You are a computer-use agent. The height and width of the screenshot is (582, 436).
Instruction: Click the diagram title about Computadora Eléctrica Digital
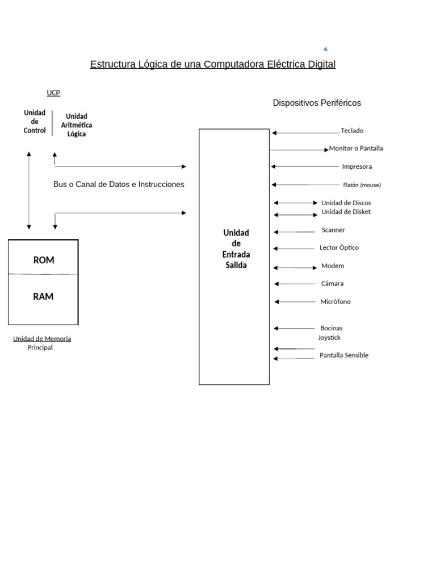[x=213, y=64]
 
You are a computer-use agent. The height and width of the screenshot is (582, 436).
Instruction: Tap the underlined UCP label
[x=53, y=93]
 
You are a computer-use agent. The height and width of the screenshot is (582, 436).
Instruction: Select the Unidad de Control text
[x=35, y=122]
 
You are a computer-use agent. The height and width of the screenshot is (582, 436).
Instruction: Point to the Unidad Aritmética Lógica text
[x=77, y=125]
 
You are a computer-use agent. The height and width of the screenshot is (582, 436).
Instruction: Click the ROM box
[x=44, y=260]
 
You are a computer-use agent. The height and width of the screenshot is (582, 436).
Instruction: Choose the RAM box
[x=44, y=297]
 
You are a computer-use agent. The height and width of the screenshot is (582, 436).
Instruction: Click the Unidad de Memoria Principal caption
[x=42, y=343]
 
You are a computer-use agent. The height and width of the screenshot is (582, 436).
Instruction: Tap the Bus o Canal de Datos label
[x=119, y=184]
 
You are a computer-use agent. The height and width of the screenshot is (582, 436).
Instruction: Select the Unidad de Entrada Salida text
[x=236, y=249]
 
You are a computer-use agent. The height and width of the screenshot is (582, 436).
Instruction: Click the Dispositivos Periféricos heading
[x=317, y=103]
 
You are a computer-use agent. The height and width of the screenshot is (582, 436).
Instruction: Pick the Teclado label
[x=352, y=131]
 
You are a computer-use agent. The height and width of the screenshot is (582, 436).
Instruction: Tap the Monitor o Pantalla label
[x=356, y=148]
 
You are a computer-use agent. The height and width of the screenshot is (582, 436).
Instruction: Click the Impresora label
[x=357, y=167]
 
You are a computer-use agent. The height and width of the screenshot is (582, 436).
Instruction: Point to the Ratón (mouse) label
[x=362, y=185]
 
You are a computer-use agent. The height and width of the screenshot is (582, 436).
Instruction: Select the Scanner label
[x=333, y=230]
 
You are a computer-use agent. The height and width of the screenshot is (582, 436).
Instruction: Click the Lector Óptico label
[x=339, y=248]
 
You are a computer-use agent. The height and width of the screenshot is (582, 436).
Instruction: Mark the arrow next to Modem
[x=295, y=267]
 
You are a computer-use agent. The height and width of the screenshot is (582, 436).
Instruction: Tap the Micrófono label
[x=335, y=302]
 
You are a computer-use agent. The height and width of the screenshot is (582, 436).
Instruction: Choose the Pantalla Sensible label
[x=344, y=355]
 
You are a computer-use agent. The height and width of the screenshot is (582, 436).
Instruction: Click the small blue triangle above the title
[x=325, y=49]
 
